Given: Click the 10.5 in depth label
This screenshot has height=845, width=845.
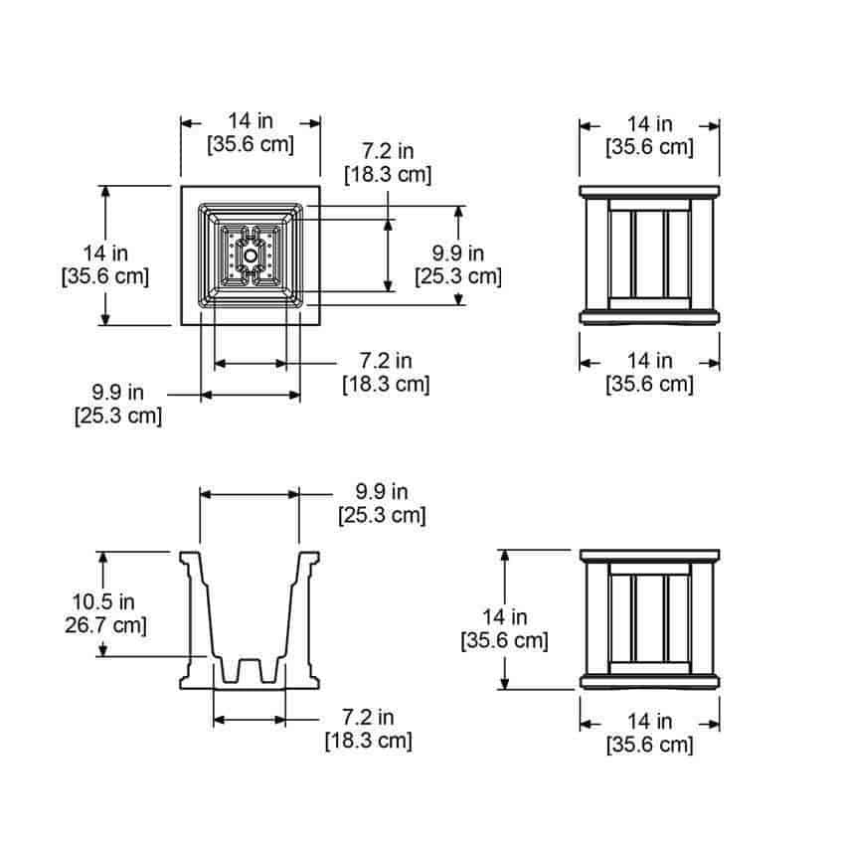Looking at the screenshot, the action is (103, 602).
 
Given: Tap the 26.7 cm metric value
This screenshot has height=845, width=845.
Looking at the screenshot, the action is (105, 625).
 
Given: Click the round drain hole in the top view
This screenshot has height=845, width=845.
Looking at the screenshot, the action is (251, 255).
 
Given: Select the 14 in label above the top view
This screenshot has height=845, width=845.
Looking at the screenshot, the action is (251, 120).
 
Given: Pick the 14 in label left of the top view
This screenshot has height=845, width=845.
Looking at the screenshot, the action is (105, 253).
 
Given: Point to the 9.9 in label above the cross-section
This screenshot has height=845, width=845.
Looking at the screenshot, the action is (382, 491).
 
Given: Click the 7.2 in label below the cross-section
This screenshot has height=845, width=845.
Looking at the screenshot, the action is (368, 718).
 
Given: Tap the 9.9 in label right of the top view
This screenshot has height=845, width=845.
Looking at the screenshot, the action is (458, 253).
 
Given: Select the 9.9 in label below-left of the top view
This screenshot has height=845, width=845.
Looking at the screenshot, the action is (118, 393).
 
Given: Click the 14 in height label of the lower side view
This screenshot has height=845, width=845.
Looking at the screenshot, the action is (504, 617).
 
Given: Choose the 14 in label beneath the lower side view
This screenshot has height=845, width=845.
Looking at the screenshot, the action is (649, 721).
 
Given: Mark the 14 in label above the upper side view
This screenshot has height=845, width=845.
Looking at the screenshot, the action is (649, 124).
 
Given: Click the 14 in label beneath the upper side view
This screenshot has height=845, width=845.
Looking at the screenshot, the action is (649, 361).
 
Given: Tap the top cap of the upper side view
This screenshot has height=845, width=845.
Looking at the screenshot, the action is (649, 191).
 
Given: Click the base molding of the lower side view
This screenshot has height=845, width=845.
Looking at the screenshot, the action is (649, 682).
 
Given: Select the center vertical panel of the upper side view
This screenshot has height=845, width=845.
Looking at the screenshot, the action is (650, 254).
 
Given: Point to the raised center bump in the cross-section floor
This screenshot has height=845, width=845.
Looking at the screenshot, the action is (250, 670).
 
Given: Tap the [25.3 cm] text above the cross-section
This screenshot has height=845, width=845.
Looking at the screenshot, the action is (382, 515).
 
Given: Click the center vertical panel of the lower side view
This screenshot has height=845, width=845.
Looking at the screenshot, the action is (650, 618).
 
